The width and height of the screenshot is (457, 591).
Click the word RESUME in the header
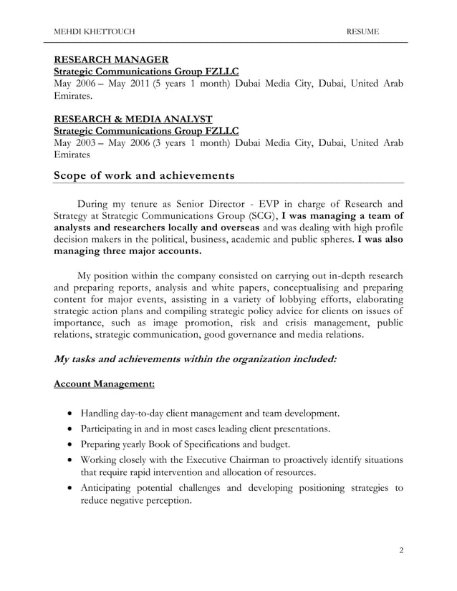[363, 32]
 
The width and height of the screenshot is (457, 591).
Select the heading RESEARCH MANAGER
[112, 59]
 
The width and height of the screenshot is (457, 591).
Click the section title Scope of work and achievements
[144, 175]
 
